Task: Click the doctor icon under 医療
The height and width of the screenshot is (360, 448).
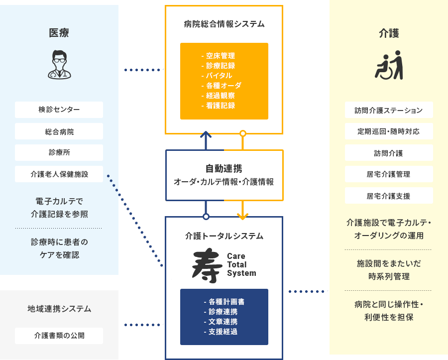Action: tap(59, 64)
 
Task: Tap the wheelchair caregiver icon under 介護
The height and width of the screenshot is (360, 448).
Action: tap(389, 65)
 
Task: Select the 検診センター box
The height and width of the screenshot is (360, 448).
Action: tap(59, 110)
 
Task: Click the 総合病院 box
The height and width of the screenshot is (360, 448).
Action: tap(59, 131)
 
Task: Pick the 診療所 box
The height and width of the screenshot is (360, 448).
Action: tap(59, 153)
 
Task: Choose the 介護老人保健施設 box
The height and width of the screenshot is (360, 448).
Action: tap(59, 174)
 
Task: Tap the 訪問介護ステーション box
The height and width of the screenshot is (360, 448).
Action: tap(389, 110)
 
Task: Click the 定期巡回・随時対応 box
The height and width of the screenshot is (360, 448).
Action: tap(389, 131)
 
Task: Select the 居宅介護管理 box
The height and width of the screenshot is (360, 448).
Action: tap(389, 174)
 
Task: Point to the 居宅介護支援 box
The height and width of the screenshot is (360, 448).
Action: tap(389, 196)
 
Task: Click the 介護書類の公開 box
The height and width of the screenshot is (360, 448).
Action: tap(59, 336)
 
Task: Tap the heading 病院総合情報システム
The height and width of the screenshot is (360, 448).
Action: tap(224, 24)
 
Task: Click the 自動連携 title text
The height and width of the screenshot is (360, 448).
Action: tap(224, 168)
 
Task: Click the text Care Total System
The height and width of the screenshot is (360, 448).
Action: tap(241, 264)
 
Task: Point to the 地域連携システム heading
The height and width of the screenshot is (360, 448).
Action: tap(59, 309)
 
